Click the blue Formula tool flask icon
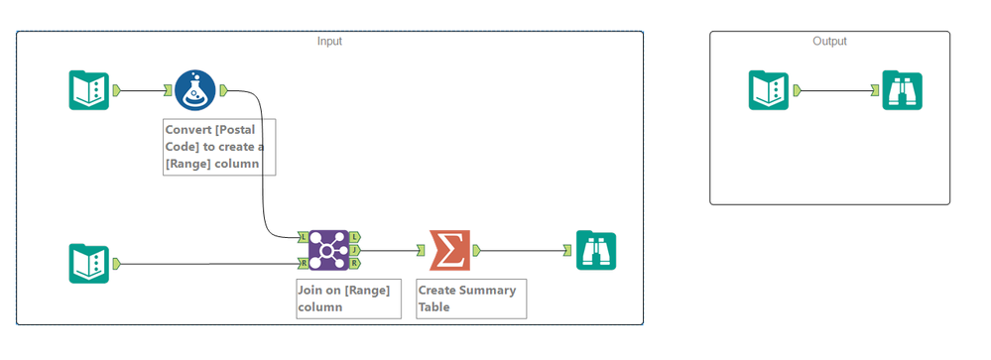(195, 90)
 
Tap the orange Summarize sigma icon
(449, 251)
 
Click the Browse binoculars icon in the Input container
(596, 251)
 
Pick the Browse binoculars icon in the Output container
(902, 90)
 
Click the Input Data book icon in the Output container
(769, 90)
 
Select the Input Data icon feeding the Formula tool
(89, 90)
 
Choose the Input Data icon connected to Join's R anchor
(89, 264)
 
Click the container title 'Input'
(329, 41)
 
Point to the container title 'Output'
(829, 41)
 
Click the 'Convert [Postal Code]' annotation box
(219, 147)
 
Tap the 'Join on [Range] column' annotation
(349, 299)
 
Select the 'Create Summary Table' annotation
(471, 299)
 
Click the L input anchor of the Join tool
(304, 237)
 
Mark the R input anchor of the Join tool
(304, 263)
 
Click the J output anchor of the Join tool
(354, 250)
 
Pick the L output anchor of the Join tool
(354, 237)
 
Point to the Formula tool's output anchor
(224, 90)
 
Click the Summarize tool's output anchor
(476, 251)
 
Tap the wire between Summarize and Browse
(523, 251)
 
